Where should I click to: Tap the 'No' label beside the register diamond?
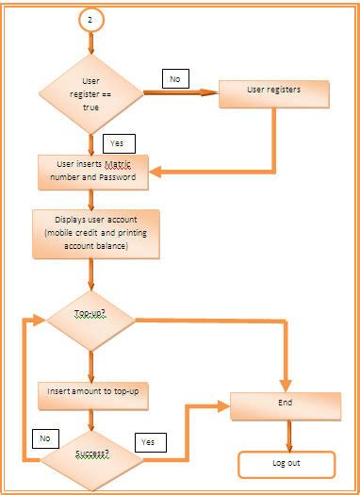click(x=176, y=79)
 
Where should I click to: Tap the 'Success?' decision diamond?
click(x=91, y=454)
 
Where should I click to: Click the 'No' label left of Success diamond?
click(x=44, y=438)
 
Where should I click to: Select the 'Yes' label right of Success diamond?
click(x=148, y=441)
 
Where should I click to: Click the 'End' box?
click(x=286, y=404)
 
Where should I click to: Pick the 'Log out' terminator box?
click(x=286, y=464)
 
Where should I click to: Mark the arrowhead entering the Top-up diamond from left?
click(x=40, y=321)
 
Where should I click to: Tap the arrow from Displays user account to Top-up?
click(x=91, y=275)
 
